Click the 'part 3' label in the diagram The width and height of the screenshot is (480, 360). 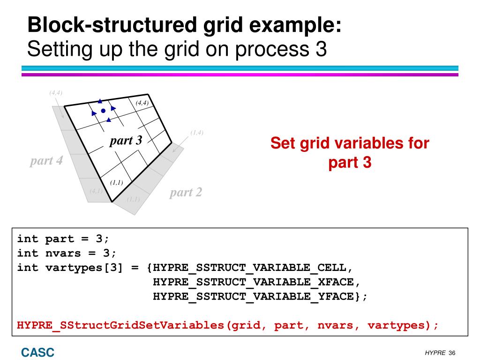click(126, 141)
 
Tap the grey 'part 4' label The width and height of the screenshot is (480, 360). click(46, 161)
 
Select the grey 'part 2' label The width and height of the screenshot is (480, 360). click(186, 193)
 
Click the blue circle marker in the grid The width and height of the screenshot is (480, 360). click(103, 111)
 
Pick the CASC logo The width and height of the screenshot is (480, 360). click(37, 352)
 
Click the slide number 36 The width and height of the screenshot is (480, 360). click(452, 353)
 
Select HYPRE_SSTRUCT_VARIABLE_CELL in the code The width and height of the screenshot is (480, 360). click(249, 268)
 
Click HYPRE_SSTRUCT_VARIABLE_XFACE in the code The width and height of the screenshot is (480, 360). click(253, 282)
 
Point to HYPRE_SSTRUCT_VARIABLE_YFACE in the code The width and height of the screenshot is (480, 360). click(253, 296)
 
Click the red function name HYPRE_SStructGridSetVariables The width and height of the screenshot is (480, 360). click(120, 325)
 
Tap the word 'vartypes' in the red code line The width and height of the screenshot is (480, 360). click(397, 325)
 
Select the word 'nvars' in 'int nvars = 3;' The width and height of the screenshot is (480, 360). click(63, 254)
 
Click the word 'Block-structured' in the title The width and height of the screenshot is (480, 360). click(112, 25)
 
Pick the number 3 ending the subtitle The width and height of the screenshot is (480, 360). click(321, 49)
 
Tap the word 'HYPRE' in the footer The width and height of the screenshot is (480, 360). click(435, 353)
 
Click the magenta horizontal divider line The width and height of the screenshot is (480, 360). click(240, 75)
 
